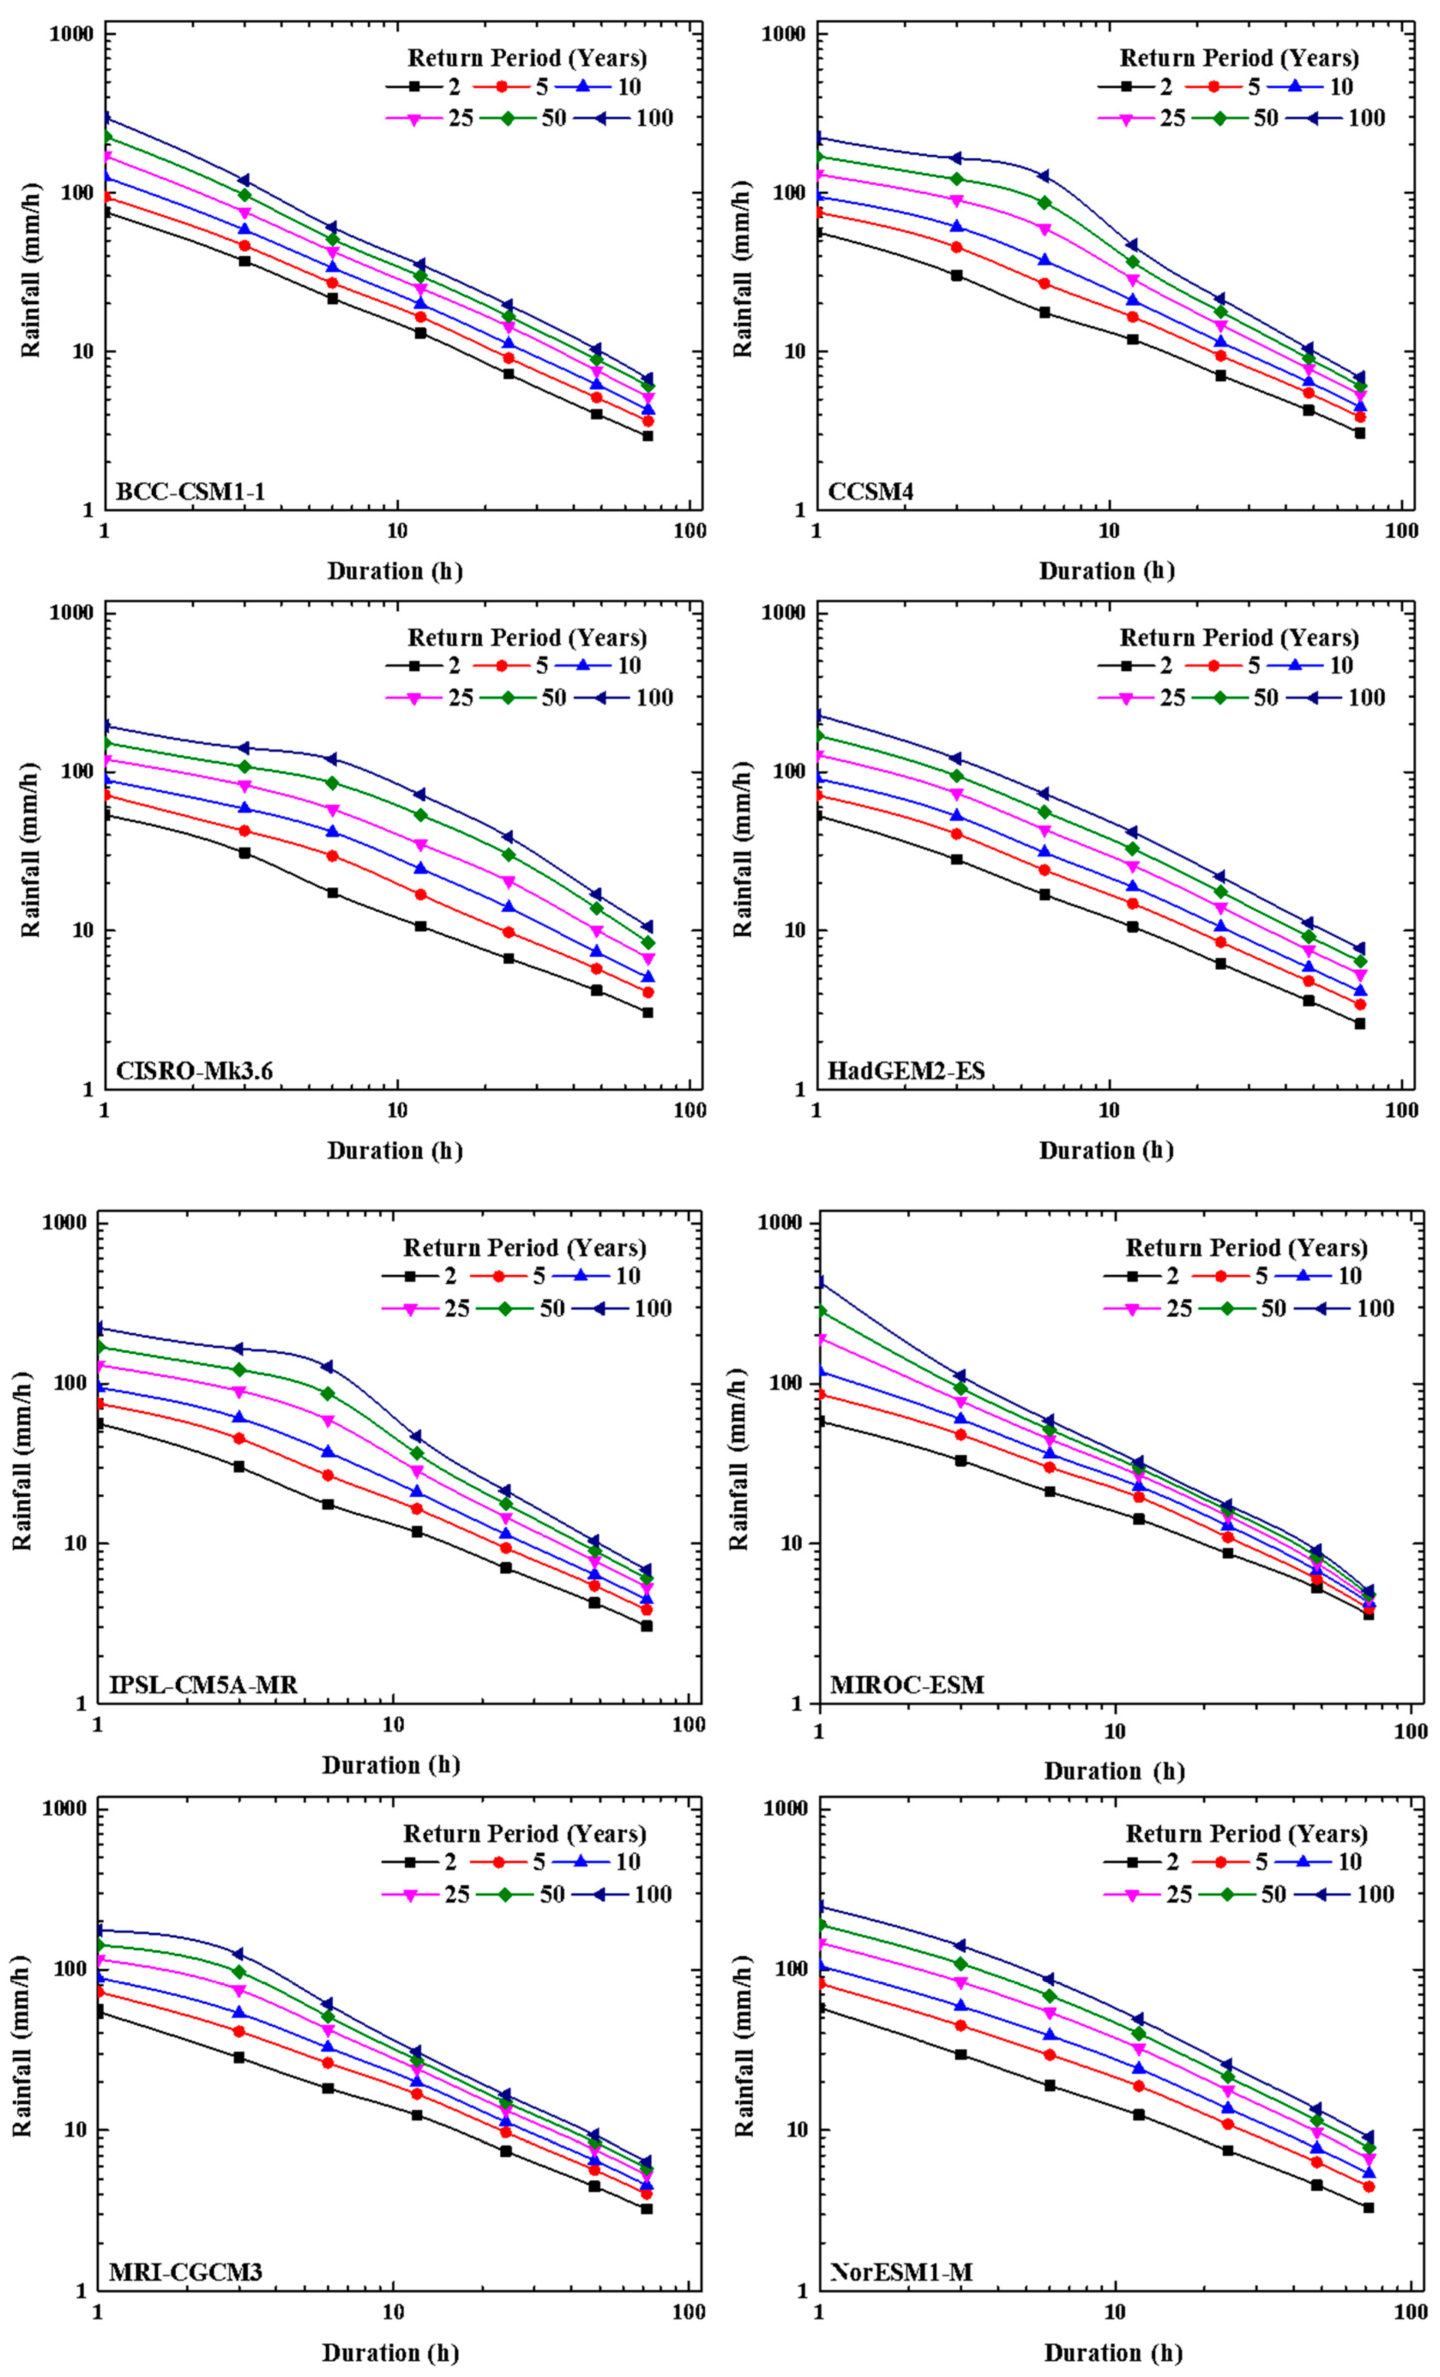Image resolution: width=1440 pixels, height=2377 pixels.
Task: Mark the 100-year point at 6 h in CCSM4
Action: pyautogui.click(x=1043, y=175)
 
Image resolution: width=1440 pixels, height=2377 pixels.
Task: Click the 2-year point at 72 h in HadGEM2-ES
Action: pyautogui.click(x=1360, y=1023)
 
